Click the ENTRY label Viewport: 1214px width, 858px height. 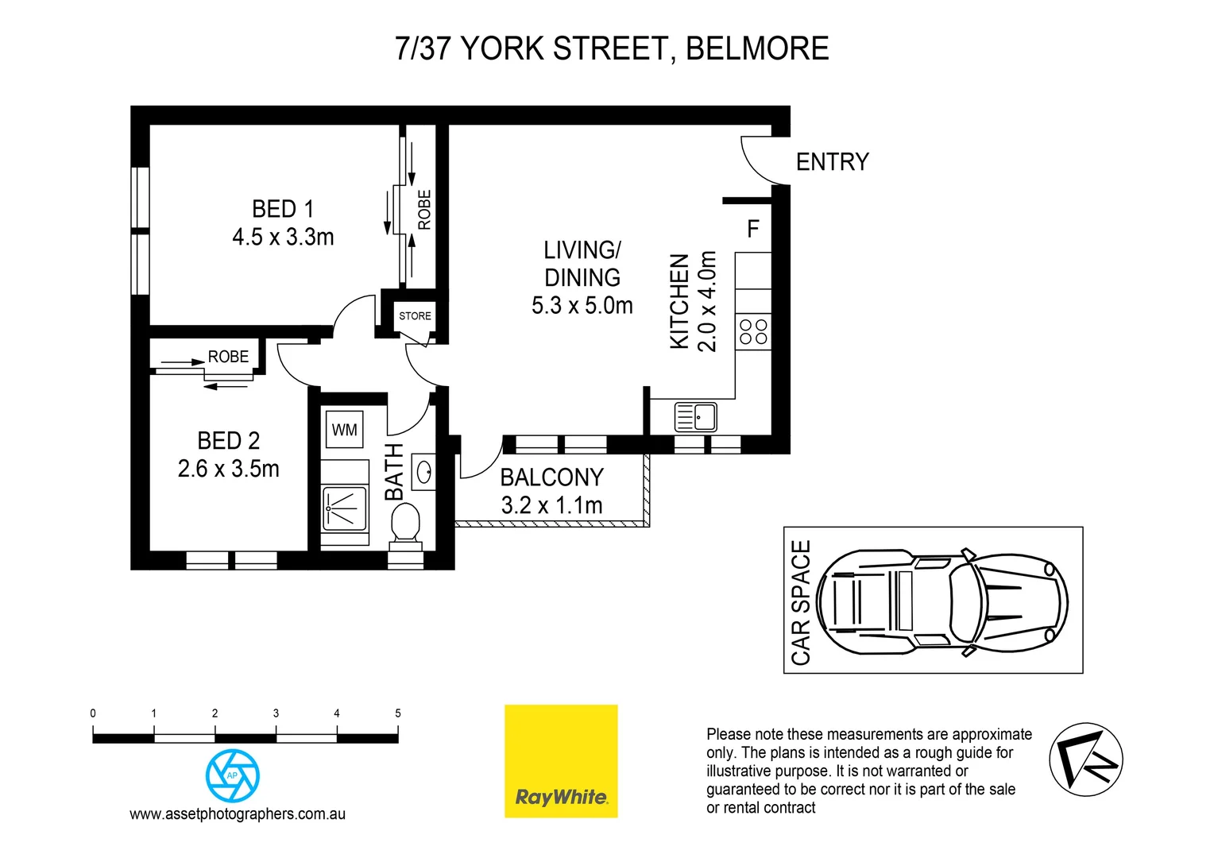coord(832,162)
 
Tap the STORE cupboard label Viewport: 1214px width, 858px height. coord(415,316)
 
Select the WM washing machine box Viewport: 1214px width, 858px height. coord(344,430)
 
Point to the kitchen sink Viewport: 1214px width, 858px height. coord(695,417)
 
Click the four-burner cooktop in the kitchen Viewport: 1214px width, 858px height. coord(753,332)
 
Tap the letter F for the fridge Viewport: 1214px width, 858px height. coord(753,230)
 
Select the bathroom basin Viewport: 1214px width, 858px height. coord(424,472)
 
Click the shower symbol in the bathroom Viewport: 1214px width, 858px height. coord(345,508)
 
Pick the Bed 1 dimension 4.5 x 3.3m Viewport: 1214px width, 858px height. coord(283,238)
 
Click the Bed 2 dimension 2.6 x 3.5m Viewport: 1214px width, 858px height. coord(229,469)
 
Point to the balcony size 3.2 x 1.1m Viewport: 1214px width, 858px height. coord(551,505)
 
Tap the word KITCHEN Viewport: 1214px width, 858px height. coord(679,301)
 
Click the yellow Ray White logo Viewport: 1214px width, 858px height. coord(561,760)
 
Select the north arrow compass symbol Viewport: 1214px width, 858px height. coord(1085,759)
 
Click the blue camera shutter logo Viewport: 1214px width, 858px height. coord(233,775)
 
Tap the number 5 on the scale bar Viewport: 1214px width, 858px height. coord(398,713)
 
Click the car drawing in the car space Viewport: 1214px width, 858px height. coord(941,601)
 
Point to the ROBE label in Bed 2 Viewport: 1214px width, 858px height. coord(228,357)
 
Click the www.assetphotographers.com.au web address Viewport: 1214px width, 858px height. coord(238,814)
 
